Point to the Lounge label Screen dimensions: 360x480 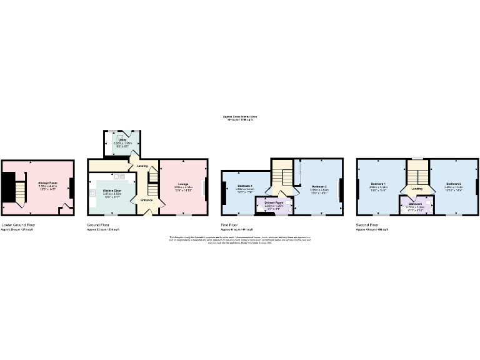183,184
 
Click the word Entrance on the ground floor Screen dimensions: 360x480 146,200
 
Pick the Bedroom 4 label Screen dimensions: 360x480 244,186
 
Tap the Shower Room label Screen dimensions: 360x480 274,202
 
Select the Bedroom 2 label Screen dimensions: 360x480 453,184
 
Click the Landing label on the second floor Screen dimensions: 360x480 417,188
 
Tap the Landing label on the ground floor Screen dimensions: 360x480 142,166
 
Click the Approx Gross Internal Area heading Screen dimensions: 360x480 240,116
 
